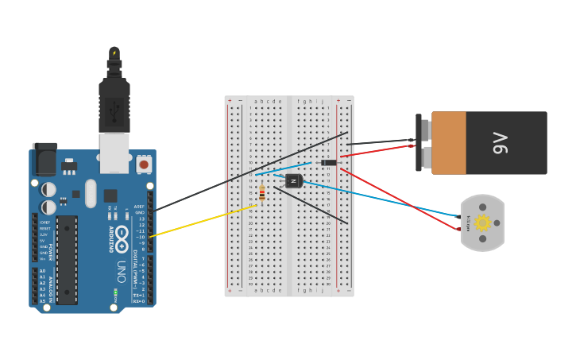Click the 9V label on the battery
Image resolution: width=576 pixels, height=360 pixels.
tap(501, 143)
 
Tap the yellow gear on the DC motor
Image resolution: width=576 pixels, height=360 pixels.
tap(482, 223)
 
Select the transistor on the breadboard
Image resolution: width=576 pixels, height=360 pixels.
tap(293, 181)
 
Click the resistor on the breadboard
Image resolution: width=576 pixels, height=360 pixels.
tap(262, 193)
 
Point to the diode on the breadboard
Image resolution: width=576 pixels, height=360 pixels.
tap(328, 163)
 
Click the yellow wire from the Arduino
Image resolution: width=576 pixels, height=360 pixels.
tap(199, 222)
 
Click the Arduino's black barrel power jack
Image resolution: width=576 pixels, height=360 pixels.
tap(44, 160)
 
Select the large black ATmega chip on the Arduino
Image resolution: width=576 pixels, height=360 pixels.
tap(67, 259)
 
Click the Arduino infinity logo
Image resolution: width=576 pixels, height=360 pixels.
tap(122, 235)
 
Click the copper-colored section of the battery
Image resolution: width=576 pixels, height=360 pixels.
tap(448, 143)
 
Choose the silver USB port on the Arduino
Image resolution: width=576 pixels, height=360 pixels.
tap(114, 152)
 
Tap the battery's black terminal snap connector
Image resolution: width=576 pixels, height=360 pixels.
tap(419, 143)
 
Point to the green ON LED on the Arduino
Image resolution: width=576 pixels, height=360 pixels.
tap(115, 292)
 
